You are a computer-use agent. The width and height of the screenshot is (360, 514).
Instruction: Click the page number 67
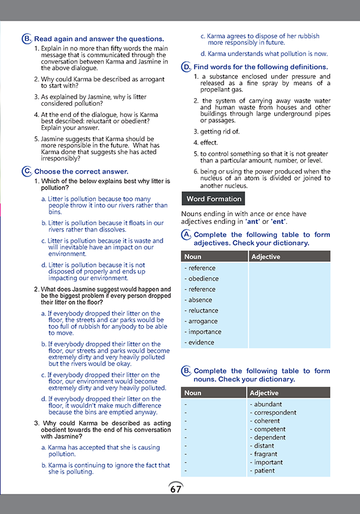(176, 489)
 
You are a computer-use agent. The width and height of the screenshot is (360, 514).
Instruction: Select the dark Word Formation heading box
(213, 199)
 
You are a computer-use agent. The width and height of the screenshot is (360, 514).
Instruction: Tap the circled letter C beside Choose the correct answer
(27, 171)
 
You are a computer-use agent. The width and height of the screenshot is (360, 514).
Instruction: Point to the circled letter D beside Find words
(186, 67)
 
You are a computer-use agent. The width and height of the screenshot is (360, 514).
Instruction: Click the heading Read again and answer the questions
(99, 38)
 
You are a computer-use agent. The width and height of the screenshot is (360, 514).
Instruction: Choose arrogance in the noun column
(202, 321)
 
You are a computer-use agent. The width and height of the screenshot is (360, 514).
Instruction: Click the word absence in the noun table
(199, 300)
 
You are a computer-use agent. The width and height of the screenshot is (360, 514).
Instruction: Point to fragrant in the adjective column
(265, 454)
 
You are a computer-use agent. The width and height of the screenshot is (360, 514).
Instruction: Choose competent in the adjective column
(269, 430)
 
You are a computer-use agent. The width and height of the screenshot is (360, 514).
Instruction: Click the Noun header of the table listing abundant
(193, 393)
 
